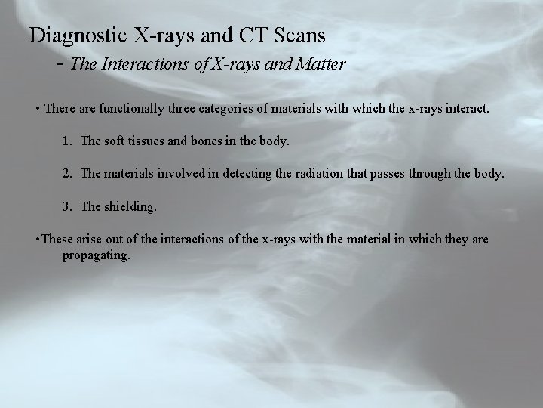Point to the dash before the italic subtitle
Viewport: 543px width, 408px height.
(x=61, y=63)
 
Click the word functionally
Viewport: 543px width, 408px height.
(x=135, y=109)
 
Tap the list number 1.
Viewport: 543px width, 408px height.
(x=68, y=141)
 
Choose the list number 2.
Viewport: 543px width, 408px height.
(x=68, y=174)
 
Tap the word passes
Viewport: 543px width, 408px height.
(x=406, y=174)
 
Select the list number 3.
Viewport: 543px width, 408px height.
(x=68, y=206)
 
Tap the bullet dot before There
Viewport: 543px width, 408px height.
(x=38, y=110)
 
